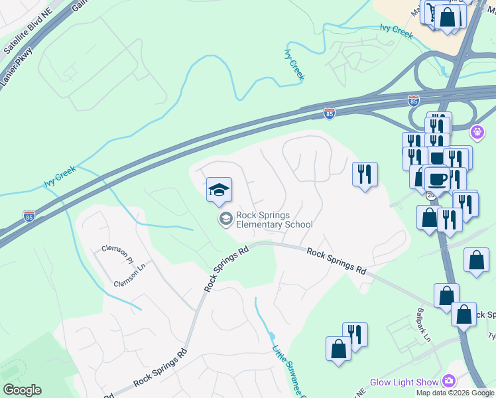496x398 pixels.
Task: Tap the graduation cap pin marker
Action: (219, 190)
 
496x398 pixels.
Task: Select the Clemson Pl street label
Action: (117, 251)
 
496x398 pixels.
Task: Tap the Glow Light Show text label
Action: (404, 382)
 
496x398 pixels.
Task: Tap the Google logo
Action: (22, 389)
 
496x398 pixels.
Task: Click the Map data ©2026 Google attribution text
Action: (455, 393)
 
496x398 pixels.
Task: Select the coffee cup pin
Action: (437, 179)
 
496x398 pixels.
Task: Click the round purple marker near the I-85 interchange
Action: (476, 132)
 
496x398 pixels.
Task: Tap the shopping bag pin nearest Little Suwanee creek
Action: (338, 349)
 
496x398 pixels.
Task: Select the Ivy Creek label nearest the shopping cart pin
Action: (396, 29)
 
